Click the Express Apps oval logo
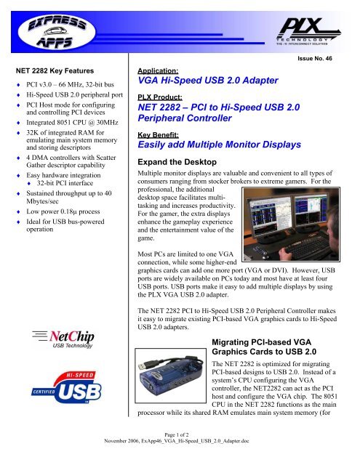(57, 31)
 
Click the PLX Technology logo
(308, 31)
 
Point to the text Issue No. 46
(315, 58)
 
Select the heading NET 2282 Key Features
(55, 71)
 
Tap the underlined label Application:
(158, 71)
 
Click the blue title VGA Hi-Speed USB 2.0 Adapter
(208, 81)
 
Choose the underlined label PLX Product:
(160, 97)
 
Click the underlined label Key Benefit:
(158, 135)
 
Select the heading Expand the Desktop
(177, 162)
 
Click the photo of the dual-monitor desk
(291, 225)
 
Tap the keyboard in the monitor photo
(305, 247)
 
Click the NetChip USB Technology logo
(63, 339)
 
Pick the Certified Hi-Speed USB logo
(66, 387)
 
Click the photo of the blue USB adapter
(171, 376)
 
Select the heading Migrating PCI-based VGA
(262, 342)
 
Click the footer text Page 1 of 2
(177, 434)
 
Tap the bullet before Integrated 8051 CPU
(19, 123)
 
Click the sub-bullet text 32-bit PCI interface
(65, 183)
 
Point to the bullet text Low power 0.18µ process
(63, 211)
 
